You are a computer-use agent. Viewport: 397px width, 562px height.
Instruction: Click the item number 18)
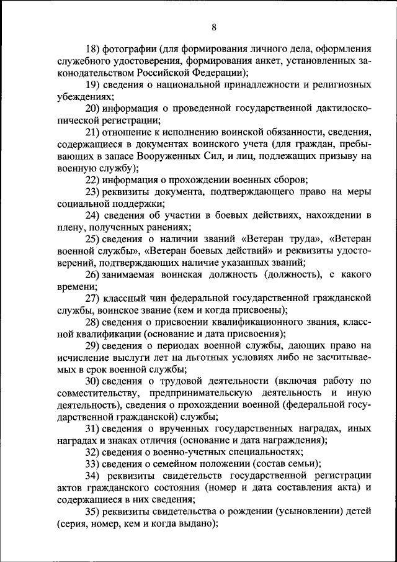point(93,48)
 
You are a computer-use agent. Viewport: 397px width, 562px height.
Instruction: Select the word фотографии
point(130,48)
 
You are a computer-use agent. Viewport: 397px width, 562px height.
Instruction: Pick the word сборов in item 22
point(287,180)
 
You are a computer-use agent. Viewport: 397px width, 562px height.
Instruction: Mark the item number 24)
point(93,215)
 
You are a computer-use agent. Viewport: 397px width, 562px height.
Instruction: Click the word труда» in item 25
point(303,239)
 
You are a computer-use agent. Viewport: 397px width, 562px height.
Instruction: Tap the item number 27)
point(93,299)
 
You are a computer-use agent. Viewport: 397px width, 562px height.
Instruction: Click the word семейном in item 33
point(180,464)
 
